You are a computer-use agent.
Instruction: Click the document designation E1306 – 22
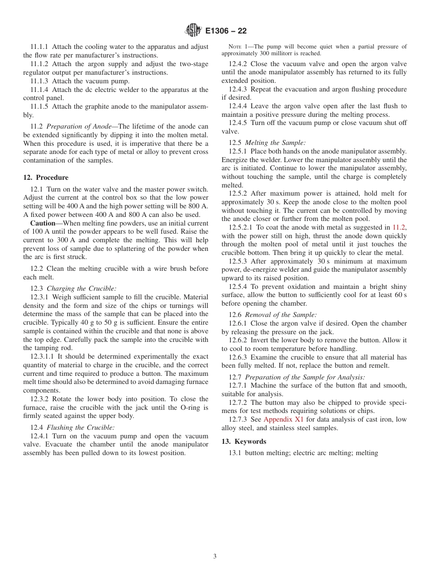pyautogui.click(x=226, y=31)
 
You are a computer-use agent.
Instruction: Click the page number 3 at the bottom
pyautogui.click(x=215, y=557)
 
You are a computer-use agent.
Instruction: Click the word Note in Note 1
pyautogui.click(x=235, y=47)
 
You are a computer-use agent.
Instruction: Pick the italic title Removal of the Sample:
pyautogui.click(x=281, y=315)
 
